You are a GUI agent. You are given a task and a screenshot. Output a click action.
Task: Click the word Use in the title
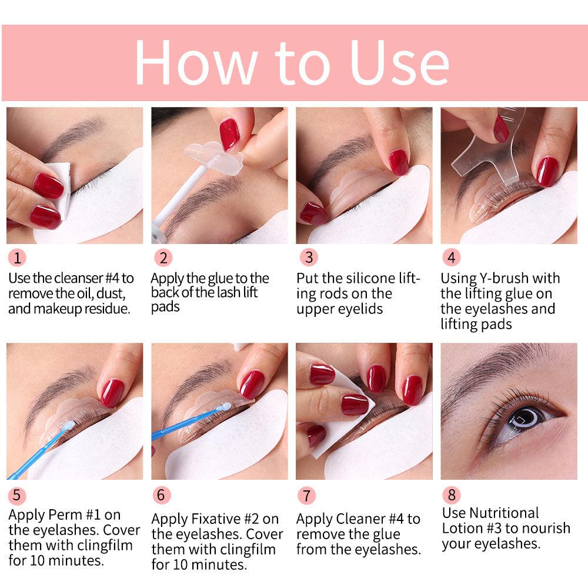click(400, 62)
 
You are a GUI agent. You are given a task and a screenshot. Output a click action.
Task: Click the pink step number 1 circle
click(17, 258)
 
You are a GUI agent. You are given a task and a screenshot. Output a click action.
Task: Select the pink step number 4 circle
click(451, 258)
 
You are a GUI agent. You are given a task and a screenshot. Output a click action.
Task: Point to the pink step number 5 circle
click(17, 495)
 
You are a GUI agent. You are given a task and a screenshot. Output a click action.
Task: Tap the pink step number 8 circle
click(451, 495)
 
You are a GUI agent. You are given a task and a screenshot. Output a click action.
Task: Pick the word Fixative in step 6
click(225, 519)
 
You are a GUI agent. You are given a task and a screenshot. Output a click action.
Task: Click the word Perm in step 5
click(65, 514)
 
